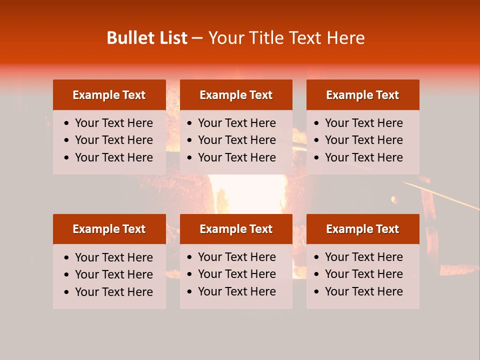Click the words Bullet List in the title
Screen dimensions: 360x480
147,38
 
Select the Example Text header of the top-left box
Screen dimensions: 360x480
109,95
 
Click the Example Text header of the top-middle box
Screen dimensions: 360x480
236,95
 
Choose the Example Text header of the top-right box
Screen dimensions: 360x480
362,95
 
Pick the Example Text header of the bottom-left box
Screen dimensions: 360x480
109,229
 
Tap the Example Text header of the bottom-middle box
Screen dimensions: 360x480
236,229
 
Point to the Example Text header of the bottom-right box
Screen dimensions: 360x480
362,229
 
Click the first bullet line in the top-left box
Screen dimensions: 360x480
113,123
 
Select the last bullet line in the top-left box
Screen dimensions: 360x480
113,157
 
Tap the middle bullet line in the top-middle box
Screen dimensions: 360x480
236,140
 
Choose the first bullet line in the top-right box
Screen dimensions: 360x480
363,123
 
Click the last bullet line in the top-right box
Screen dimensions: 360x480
363,157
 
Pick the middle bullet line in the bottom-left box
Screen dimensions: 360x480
113,274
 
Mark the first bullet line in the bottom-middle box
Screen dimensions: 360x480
236,257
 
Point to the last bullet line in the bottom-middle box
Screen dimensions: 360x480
236,291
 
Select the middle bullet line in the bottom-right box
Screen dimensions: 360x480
363,274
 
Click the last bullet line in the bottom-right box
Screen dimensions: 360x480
363,291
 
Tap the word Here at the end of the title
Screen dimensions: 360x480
345,38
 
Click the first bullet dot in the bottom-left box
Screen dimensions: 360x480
66,258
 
